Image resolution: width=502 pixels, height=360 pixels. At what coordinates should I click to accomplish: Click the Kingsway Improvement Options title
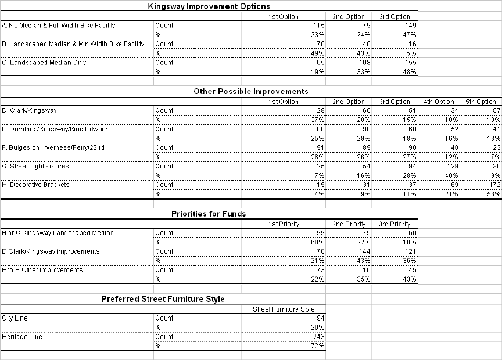point(209,6)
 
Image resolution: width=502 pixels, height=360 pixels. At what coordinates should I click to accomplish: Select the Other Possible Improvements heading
point(250,91)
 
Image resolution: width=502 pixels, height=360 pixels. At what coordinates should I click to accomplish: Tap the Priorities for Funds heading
point(209,214)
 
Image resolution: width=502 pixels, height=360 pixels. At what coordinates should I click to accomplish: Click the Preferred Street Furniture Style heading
point(163,299)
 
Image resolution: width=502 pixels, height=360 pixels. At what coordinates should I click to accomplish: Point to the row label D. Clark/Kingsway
point(30,110)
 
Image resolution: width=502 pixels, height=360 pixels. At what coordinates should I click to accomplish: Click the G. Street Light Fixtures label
point(35,166)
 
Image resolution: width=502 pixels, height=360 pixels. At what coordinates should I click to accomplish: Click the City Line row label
point(15,318)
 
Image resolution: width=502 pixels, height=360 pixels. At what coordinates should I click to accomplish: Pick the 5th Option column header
point(481,102)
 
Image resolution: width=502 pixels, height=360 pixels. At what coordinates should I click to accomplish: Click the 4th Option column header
point(439,102)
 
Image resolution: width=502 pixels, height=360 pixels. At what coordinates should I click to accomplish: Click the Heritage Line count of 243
point(318,337)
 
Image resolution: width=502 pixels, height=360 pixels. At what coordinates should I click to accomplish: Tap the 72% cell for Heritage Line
point(318,346)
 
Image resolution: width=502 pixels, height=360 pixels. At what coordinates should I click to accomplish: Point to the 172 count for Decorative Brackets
point(493,185)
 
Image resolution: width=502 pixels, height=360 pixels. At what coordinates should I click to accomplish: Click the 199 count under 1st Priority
point(318,233)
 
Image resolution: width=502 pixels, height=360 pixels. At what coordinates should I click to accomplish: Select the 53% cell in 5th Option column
point(493,194)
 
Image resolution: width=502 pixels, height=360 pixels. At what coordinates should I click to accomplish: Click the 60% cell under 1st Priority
point(318,242)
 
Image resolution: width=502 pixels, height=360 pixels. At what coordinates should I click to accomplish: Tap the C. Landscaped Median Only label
point(44,63)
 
